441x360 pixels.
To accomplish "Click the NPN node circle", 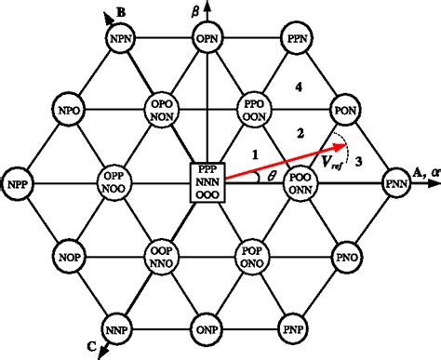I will point(118,40).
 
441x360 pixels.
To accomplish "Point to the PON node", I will point(345,111).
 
